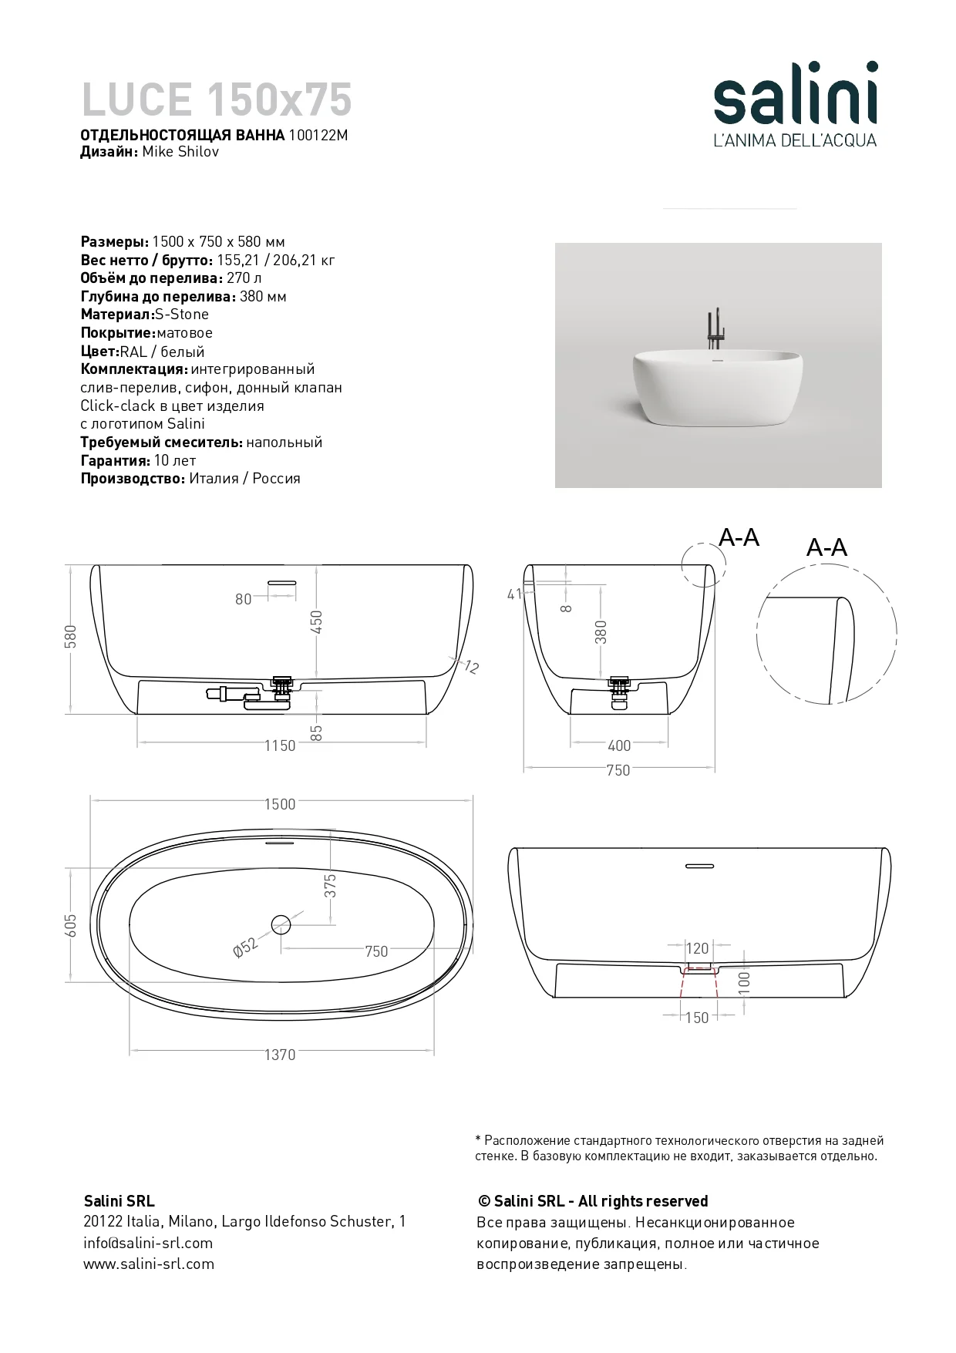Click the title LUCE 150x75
tap(217, 100)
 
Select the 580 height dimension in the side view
tap(71, 637)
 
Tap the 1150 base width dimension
tap(280, 745)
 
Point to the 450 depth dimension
tap(316, 622)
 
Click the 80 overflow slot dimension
tap(244, 599)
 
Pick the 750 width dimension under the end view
tap(618, 770)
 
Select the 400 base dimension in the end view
tap(619, 745)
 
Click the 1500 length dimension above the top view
tap(280, 804)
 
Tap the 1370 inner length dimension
tap(280, 1055)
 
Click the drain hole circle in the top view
tap(281, 923)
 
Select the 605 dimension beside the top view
tap(71, 926)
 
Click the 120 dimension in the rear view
tap(697, 949)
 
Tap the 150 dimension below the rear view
tap(697, 1018)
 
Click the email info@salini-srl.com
tap(148, 1243)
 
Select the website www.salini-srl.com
tap(149, 1264)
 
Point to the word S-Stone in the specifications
tap(182, 315)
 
